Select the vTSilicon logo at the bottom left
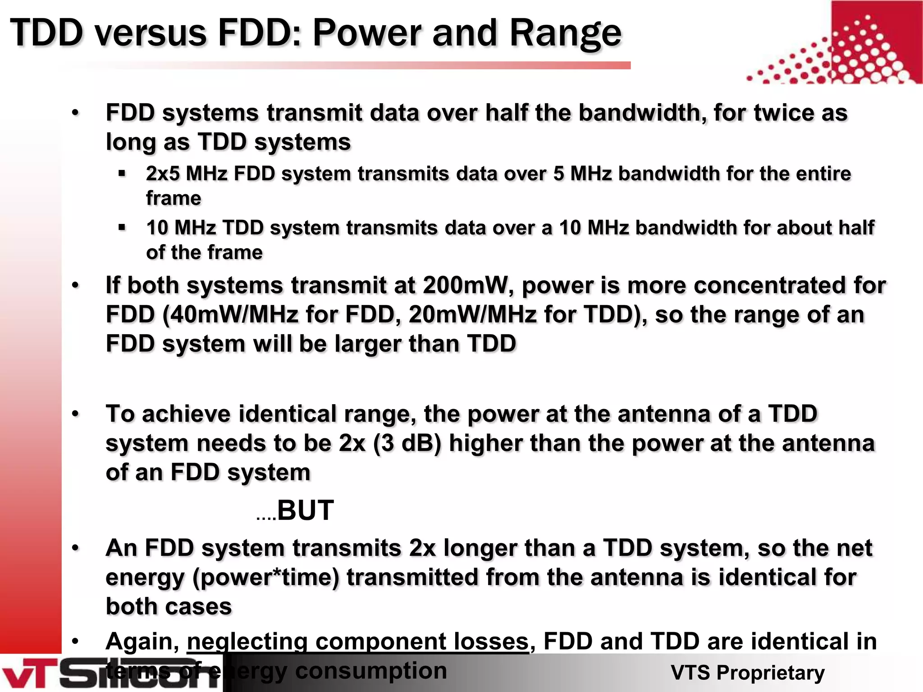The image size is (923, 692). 108,674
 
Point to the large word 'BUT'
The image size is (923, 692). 305,510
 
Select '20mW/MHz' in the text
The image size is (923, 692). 472,314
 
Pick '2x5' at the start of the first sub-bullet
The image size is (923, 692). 162,174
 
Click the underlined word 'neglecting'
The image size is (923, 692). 247,642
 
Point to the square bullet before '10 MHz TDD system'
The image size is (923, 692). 122,228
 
